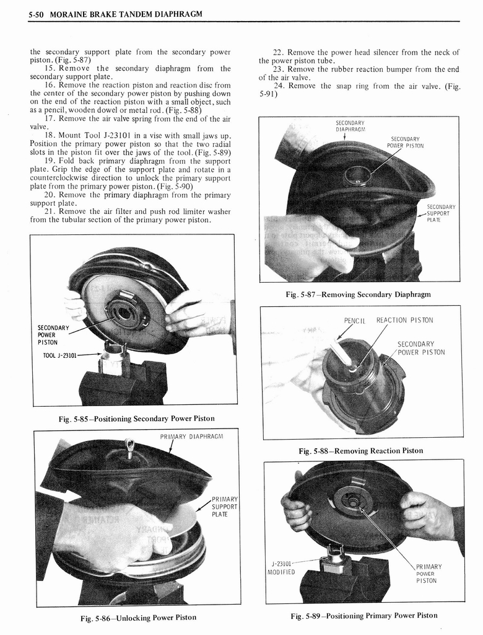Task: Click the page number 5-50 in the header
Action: click(x=37, y=15)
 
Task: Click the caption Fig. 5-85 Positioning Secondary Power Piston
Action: click(x=137, y=419)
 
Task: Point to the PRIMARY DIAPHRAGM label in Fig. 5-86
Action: click(x=191, y=437)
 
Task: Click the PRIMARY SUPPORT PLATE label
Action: click(x=225, y=507)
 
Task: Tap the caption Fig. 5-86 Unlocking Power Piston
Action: click(x=138, y=618)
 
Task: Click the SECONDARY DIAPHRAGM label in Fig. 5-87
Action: click(x=350, y=126)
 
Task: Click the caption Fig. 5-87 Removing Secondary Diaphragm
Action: click(x=358, y=295)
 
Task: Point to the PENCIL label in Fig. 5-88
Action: click(x=354, y=321)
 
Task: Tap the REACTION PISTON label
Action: click(x=404, y=321)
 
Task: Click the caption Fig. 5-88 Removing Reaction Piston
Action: click(x=361, y=451)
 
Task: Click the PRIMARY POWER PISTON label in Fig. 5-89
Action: click(x=429, y=574)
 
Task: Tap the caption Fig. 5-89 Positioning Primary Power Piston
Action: click(x=364, y=616)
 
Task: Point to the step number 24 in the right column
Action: click(x=278, y=86)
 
